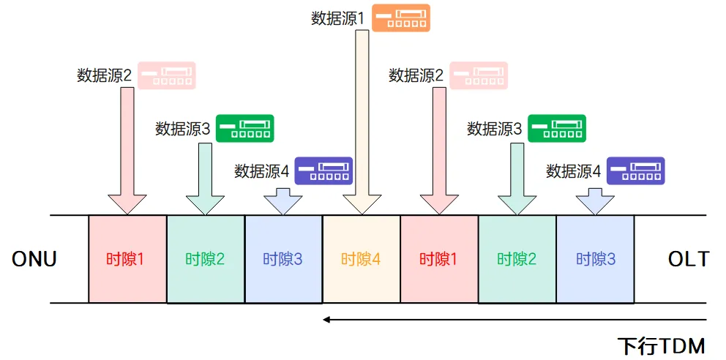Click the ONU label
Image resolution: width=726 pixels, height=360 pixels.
[34, 259]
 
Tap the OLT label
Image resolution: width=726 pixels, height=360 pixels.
[688, 259]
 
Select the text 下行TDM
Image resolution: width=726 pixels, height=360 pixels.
[662, 345]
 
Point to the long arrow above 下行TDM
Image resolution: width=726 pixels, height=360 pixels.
[514, 319]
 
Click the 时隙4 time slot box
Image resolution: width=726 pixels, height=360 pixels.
[361, 259]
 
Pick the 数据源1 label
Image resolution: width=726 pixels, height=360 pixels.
[337, 18]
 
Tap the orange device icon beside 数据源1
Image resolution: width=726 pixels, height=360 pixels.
[400, 18]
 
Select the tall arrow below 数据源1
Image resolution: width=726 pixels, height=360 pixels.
[362, 121]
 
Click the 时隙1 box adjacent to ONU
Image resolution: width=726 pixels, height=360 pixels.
[127, 259]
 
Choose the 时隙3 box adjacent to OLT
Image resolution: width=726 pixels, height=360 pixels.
[595, 259]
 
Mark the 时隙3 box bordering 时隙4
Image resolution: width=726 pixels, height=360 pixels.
[283, 259]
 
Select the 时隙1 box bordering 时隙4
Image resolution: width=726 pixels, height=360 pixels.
[439, 259]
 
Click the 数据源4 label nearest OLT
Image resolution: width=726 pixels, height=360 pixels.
[573, 171]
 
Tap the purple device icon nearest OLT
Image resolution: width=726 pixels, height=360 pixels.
[636, 171]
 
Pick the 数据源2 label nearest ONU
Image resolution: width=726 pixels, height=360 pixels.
[104, 75]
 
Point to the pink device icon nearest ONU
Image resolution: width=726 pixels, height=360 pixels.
[167, 75]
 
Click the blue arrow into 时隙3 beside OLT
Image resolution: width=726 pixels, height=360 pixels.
[595, 200]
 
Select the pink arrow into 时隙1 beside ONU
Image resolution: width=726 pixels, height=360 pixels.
[127, 150]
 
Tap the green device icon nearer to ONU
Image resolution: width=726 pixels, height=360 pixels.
[245, 129]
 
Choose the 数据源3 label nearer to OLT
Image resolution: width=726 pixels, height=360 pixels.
[495, 129]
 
